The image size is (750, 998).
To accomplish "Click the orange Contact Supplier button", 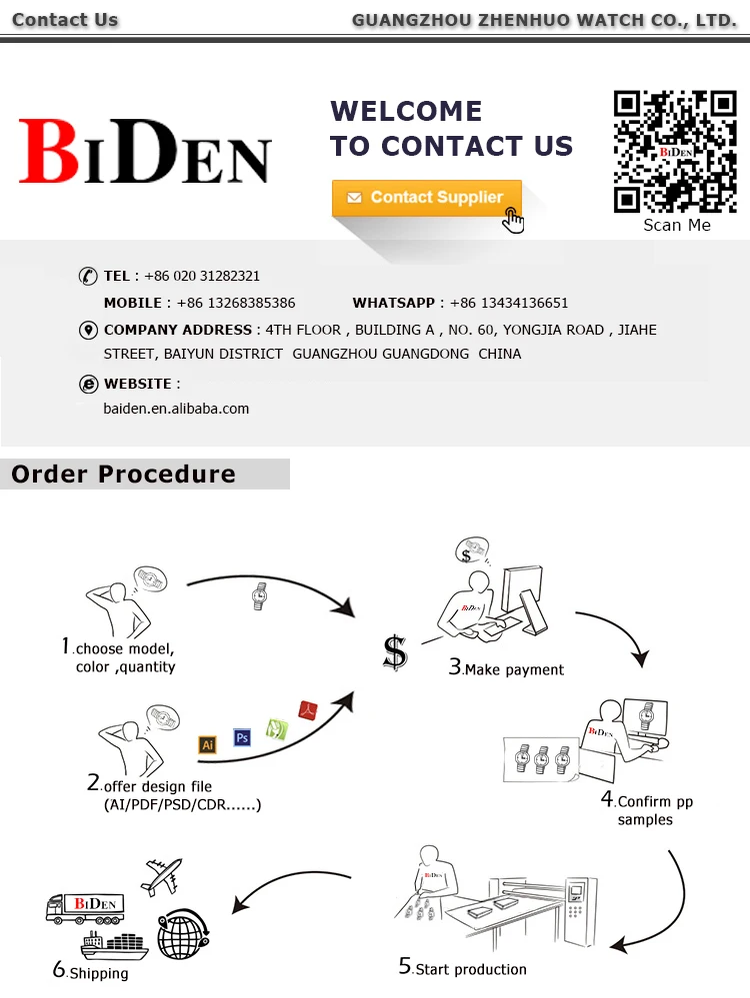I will [x=427, y=198].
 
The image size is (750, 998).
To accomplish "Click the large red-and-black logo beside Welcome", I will [x=145, y=151].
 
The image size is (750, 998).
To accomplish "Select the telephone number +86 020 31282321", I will [x=202, y=276].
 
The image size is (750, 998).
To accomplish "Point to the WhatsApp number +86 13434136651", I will [x=509, y=303].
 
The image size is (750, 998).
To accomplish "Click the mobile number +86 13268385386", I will [x=236, y=303].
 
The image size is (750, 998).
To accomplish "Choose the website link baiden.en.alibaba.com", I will [x=176, y=409].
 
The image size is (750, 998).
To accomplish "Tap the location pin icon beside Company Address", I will [x=87, y=331].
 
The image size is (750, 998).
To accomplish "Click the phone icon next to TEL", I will [x=87, y=277].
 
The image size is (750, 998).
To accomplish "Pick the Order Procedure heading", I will [x=124, y=474].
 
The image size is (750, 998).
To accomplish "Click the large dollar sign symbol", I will [x=395, y=651].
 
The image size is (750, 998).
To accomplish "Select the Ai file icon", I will [x=208, y=744].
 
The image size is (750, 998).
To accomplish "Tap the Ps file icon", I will [x=241, y=737].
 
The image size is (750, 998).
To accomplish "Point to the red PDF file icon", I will [x=308, y=710].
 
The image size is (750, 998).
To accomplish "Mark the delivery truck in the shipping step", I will [x=85, y=907].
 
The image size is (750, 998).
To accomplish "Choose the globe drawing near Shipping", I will [x=183, y=933].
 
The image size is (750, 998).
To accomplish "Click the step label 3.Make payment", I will [x=506, y=668].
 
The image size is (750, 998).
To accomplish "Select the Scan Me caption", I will [x=677, y=225].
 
